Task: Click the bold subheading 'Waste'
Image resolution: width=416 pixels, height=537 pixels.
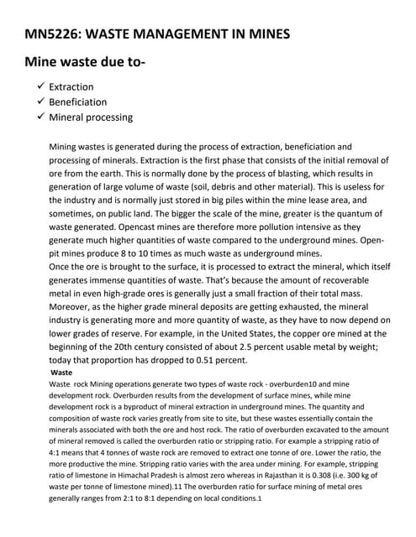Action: click(61, 371)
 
